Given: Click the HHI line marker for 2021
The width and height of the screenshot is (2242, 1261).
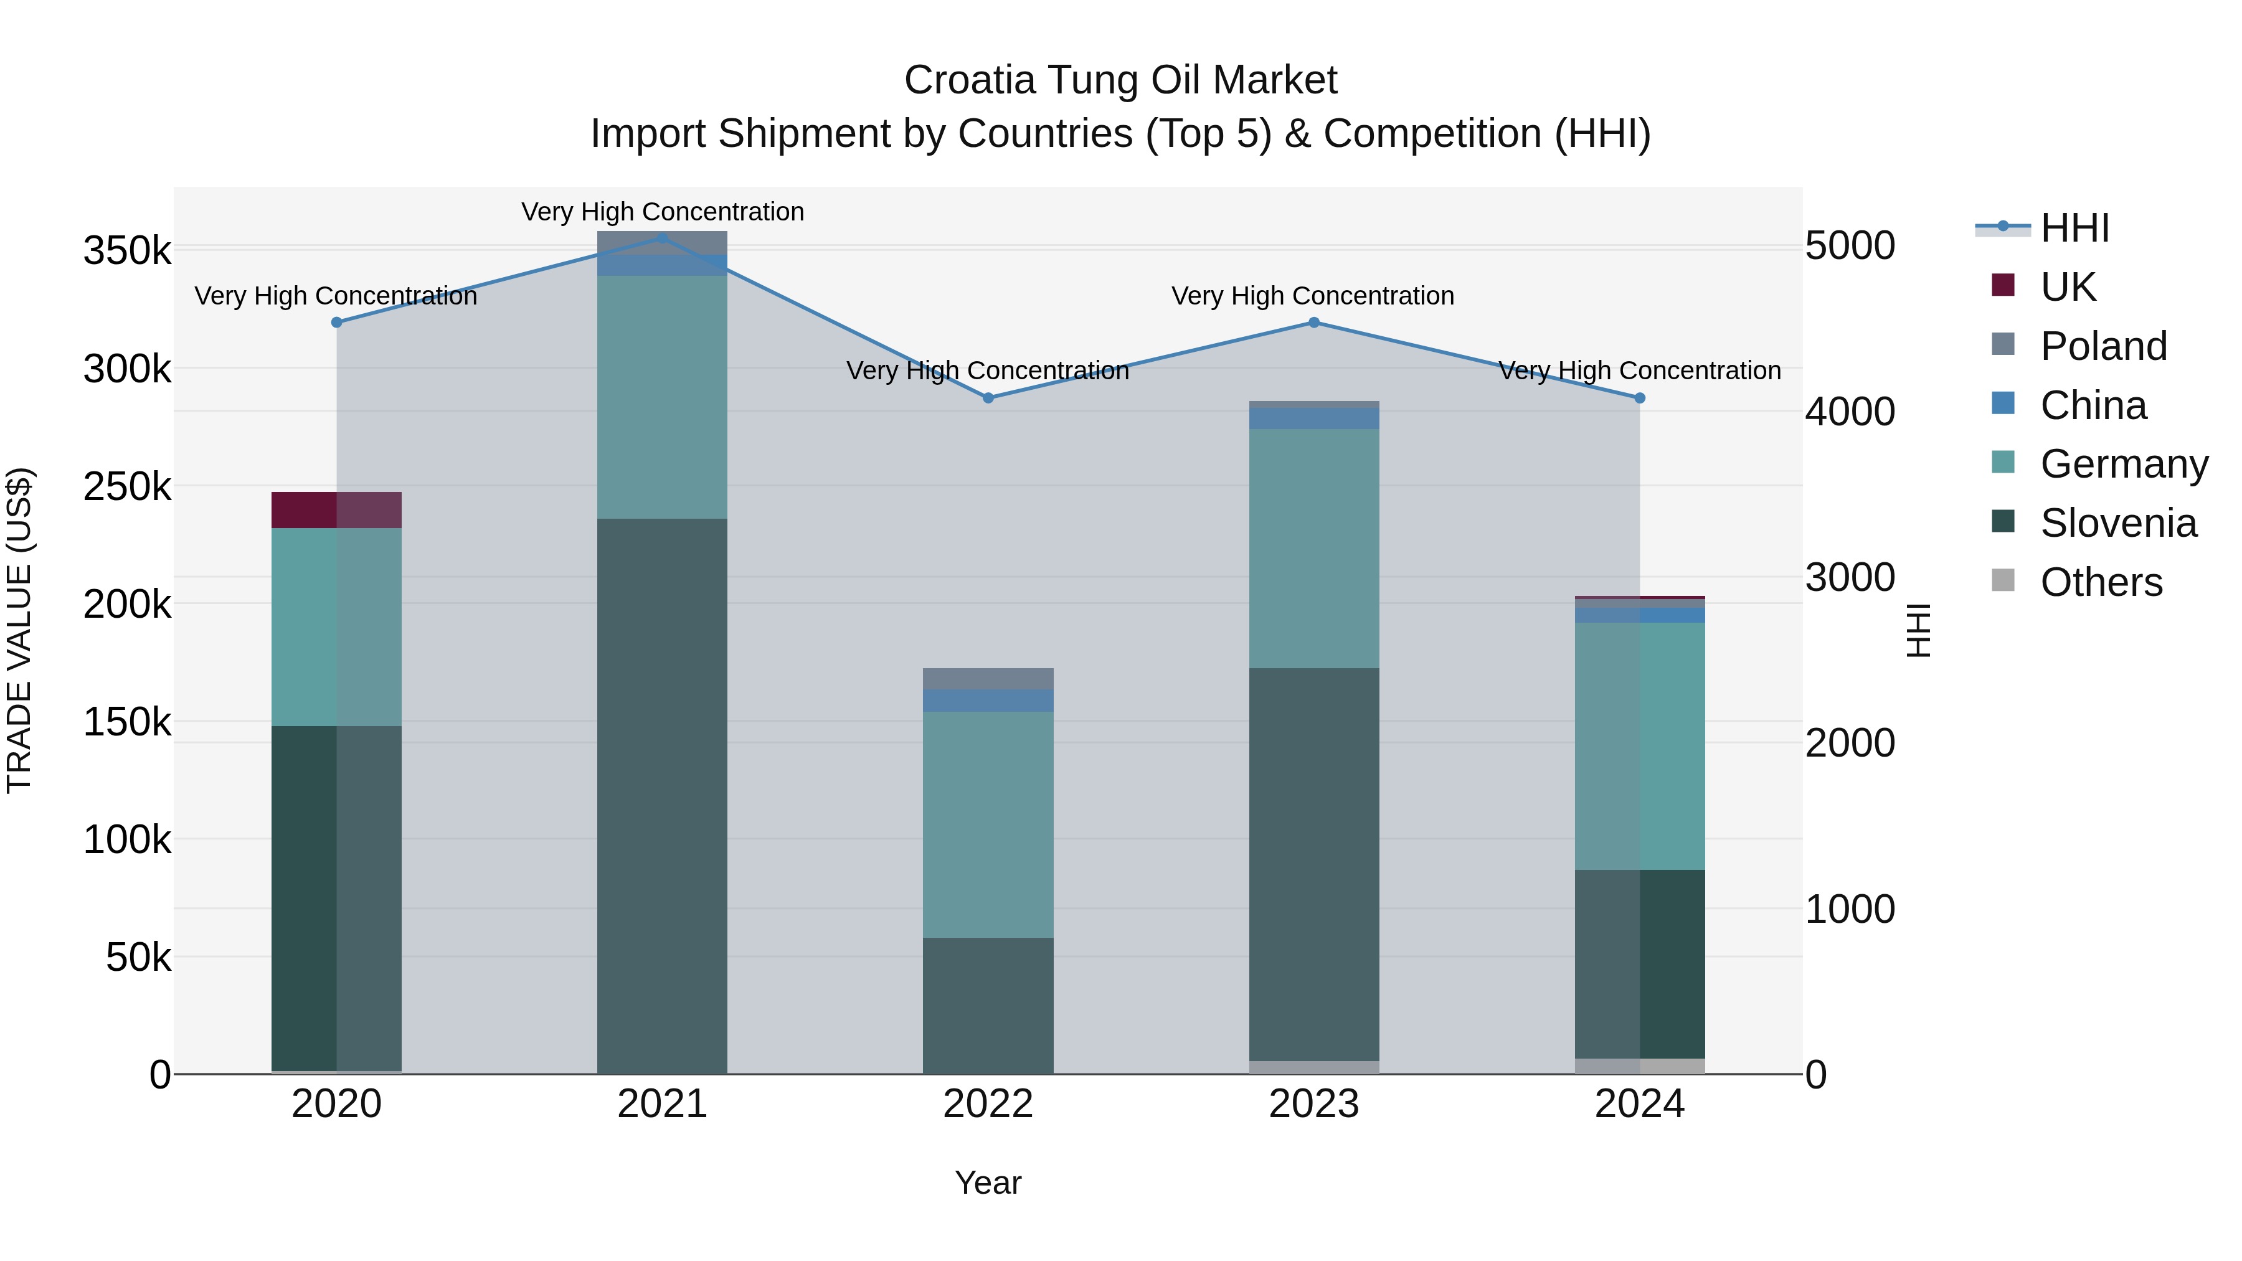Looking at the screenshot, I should click(663, 238).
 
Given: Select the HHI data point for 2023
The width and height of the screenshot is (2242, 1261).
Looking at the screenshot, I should click(1314, 323).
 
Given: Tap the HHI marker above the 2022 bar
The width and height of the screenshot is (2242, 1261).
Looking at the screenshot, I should click(988, 398).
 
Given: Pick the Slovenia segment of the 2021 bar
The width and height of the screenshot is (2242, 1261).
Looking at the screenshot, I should click(663, 796).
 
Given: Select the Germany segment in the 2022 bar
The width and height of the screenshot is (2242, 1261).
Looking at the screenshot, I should click(988, 824).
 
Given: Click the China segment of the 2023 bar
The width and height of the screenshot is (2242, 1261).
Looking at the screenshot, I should click(1314, 418).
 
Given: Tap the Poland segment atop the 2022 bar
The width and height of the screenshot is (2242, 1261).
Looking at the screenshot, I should click(988, 679).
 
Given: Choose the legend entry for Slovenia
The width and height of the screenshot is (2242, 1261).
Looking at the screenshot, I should click(2117, 523).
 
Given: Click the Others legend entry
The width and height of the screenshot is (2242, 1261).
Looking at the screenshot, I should click(2100, 582).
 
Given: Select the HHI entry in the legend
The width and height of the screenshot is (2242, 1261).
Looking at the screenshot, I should click(2074, 228).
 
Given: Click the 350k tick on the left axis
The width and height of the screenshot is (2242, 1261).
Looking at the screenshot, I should click(127, 252).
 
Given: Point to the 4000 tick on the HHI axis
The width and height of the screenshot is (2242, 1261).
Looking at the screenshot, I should click(1850, 412).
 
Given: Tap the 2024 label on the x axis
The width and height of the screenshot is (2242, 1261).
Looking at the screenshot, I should click(1639, 1104).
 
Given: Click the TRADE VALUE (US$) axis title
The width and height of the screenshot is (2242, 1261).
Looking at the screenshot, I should click(19, 630).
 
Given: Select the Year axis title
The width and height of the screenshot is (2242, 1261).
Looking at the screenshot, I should click(988, 1183).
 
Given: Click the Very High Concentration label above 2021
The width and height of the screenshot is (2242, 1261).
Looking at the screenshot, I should click(663, 212).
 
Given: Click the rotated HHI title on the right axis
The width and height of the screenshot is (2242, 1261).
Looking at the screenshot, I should click(1918, 630).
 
